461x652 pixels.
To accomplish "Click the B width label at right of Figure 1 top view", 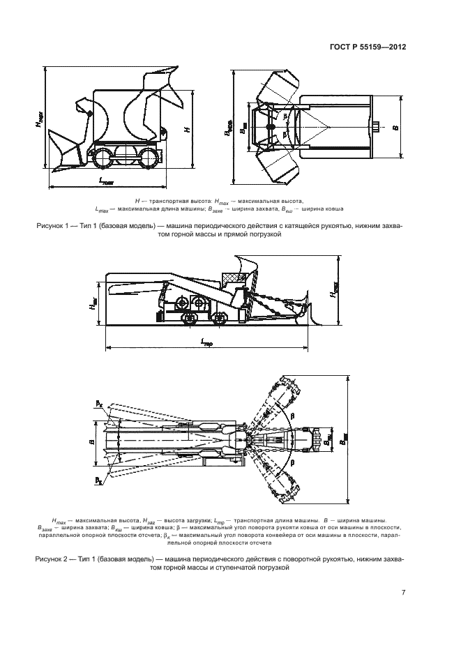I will (x=414, y=128).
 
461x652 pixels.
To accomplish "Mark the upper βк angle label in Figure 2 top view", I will (x=100, y=403).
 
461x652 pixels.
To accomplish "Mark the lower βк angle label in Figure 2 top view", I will (x=100, y=481).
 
